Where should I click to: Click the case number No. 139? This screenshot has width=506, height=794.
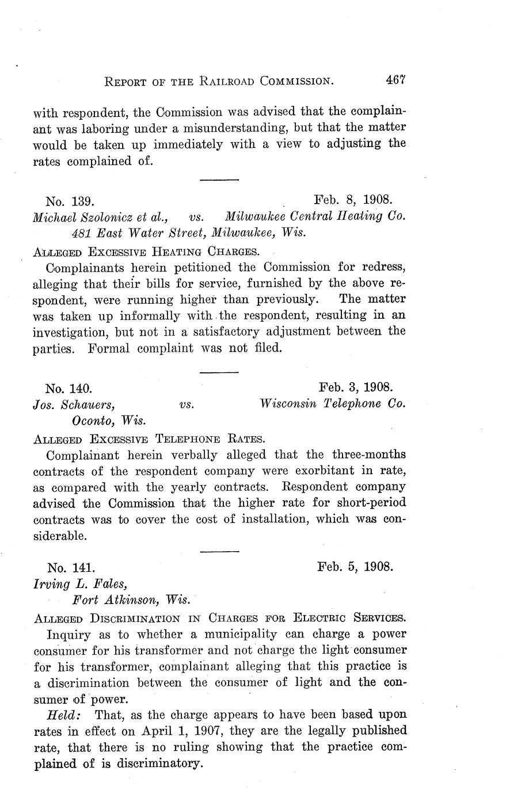pos(70,201)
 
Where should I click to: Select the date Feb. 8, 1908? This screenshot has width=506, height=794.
pos(353,200)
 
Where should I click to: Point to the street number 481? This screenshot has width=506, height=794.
pos(81,233)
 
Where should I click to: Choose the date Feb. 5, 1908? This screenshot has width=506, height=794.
pos(355,566)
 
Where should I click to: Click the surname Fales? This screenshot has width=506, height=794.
pos(107,584)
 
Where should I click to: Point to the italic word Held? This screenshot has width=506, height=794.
pos(64,715)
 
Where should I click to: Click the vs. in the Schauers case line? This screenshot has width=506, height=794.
pos(186,404)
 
